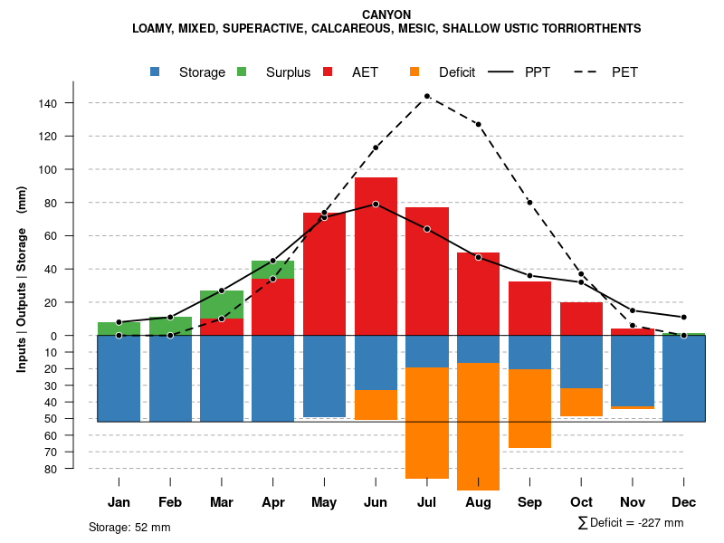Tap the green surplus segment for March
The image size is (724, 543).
pos(222,304)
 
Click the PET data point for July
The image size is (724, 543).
pos(426,96)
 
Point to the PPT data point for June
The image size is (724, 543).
pos(376,205)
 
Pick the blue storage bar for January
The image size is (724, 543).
pos(119,378)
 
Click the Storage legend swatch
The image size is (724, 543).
pos(156,72)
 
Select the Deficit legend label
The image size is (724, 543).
pos(457,72)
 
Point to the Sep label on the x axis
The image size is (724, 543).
pos(529,502)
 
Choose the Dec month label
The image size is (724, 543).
pos(683,502)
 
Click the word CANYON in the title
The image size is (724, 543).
pos(386,14)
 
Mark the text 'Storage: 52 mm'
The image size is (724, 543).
pos(129,527)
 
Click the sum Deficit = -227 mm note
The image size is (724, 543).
pos(630,523)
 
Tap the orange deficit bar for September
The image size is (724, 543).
pos(529,408)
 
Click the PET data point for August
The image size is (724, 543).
pos(478,124)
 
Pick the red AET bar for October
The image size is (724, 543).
pos(581,319)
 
